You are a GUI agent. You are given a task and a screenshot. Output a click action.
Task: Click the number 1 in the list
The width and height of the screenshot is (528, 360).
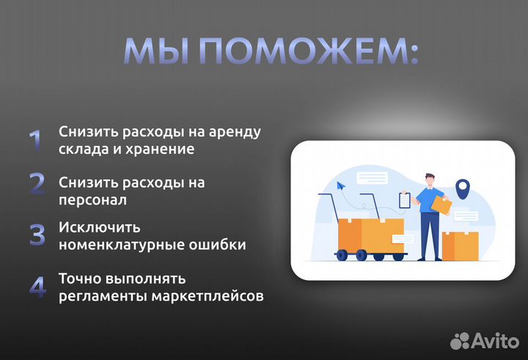pyautogui.click(x=34, y=141)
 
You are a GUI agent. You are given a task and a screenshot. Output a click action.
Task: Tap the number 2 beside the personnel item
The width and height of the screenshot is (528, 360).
pyautogui.click(x=37, y=183)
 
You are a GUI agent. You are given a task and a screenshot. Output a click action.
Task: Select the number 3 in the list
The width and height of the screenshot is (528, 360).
pyautogui.click(x=37, y=235)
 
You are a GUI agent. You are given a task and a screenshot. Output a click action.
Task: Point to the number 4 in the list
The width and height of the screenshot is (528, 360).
pyautogui.click(x=37, y=287)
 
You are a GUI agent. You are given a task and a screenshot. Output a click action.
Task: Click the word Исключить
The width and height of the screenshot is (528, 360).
pyautogui.click(x=99, y=227)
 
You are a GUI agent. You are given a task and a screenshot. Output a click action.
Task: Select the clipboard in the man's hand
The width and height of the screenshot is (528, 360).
pyautogui.click(x=404, y=199)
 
